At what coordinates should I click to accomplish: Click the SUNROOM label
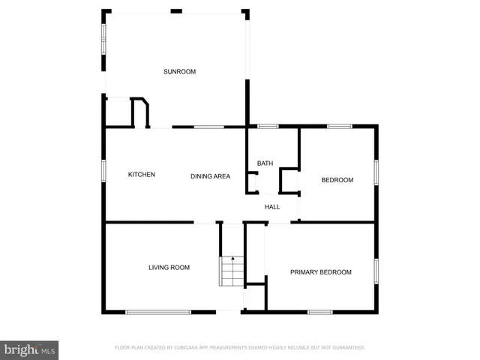pos(180,72)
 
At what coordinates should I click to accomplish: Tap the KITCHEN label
pos(142,175)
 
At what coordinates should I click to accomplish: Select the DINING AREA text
pos(210,176)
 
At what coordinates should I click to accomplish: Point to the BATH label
pos(265,163)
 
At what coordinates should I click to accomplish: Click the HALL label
pos(272,207)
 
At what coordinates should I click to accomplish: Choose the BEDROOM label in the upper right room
pos(337,180)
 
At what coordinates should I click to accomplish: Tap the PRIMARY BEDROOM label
pos(321,272)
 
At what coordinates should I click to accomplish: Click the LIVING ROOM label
pos(169,268)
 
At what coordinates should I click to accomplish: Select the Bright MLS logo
pos(29,349)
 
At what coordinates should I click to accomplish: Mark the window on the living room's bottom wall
pos(158,312)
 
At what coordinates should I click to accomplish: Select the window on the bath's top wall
pos(268,126)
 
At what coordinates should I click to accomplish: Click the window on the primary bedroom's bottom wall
pos(320,312)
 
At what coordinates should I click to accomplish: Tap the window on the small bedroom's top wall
pos(340,126)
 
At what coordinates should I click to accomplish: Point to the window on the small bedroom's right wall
pos(376,171)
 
